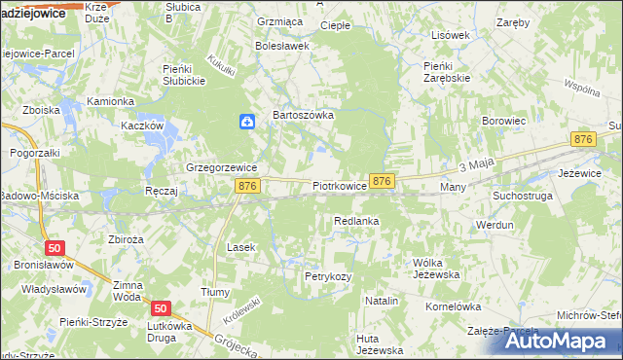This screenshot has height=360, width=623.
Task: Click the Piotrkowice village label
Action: [340, 185]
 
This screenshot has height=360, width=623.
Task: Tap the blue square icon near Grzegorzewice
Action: [248, 122]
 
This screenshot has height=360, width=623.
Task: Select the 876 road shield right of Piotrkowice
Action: [383, 181]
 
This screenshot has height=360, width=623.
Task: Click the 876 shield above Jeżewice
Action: [583, 140]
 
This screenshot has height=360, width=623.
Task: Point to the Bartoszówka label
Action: [303, 115]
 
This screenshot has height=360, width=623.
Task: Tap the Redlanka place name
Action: [355, 222]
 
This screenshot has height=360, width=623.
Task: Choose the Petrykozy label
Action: [327, 277]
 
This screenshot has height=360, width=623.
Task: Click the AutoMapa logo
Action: [559, 340]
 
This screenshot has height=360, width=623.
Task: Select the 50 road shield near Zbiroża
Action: [55, 248]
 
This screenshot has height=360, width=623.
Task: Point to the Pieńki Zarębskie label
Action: [448, 73]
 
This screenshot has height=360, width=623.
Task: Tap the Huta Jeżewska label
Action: [380, 343]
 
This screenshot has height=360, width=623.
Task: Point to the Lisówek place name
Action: [450, 35]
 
